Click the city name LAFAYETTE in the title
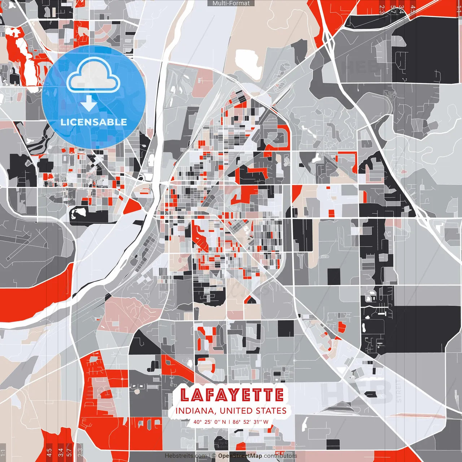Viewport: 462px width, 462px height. (232, 395)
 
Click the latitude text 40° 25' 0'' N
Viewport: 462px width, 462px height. (210, 422)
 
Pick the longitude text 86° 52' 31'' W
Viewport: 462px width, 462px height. (250, 422)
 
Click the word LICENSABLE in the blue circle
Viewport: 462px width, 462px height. (93, 122)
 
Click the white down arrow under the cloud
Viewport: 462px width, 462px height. (88, 103)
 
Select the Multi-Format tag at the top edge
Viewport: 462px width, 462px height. (231, 3)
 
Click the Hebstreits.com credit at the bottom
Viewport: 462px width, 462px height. (186, 456)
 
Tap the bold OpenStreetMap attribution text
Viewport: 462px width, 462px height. (240, 456)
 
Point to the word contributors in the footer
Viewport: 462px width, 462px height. (280, 456)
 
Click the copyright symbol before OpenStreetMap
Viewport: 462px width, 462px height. (214, 456)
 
